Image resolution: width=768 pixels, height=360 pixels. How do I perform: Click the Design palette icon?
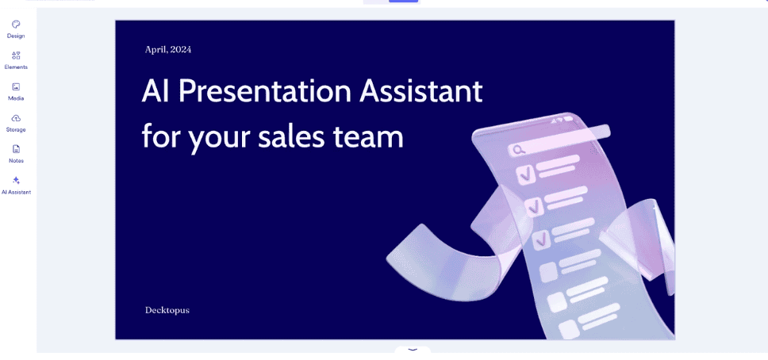pos(16,25)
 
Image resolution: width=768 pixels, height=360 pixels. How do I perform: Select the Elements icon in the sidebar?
pos(16,56)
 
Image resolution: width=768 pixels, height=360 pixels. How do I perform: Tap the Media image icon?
pos(16,86)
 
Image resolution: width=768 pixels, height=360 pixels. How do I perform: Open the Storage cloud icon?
pos(16,118)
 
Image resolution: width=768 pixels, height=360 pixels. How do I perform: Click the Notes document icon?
pos(16,149)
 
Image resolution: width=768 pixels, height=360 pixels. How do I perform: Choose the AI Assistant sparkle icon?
pos(16,180)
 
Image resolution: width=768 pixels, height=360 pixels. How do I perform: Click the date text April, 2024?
pos(168,49)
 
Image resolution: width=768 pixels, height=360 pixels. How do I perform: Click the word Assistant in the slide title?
pos(421,91)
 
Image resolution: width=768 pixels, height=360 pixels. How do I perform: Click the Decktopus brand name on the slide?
pos(167,311)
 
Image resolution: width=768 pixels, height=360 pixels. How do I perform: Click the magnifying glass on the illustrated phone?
pos(516,150)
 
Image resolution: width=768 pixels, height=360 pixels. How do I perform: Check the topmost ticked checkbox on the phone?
pos(524,174)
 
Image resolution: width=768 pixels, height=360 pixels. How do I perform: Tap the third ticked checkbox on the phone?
pos(542,239)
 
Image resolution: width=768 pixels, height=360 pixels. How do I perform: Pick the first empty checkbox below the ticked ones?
pos(548,271)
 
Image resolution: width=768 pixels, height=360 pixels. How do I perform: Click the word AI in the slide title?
pos(155,91)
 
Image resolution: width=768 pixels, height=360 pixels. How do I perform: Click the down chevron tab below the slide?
pos(413,350)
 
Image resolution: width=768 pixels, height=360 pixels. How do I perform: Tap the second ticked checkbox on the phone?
pos(533,207)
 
